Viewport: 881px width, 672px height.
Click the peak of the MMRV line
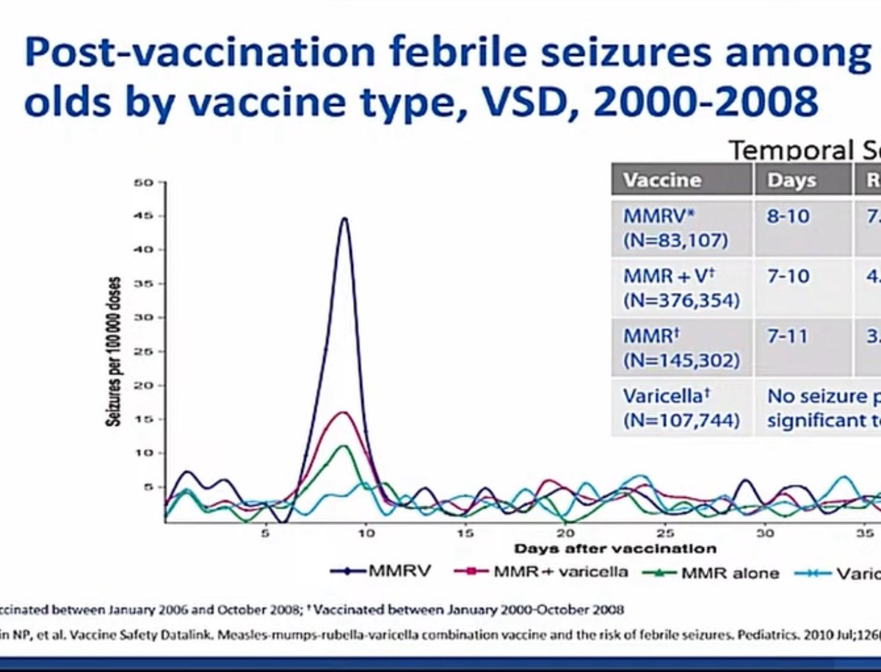tap(344, 218)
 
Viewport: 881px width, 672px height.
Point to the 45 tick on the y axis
tap(147, 216)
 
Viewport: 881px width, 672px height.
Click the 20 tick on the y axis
tap(147, 386)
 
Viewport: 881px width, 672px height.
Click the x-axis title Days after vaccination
tap(615, 548)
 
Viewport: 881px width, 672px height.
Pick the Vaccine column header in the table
tap(662, 180)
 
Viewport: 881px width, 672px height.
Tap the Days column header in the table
tap(791, 180)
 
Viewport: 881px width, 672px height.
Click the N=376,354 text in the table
tap(681, 300)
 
